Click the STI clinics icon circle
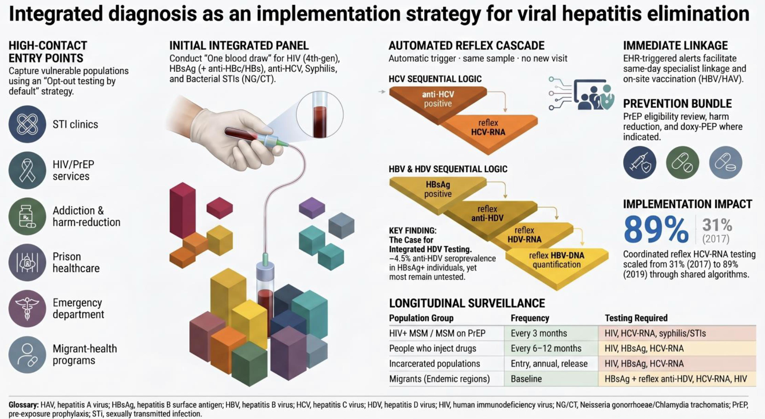27,124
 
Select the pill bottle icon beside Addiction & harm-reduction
27,216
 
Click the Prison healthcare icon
27,262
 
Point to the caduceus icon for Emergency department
27,309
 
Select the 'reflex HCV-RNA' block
489,131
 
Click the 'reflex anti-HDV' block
489,215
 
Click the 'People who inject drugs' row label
433,348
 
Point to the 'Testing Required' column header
636,318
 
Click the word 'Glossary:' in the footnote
23,405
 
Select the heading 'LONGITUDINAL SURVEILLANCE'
467,303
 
